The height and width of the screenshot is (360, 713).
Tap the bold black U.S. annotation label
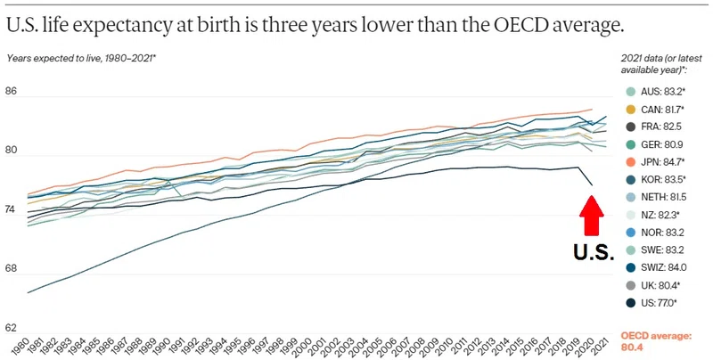coord(594,252)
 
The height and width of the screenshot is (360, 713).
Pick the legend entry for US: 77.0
coord(652,303)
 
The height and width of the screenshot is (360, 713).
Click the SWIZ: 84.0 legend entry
coord(656,267)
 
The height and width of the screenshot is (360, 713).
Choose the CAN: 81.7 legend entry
coord(656,110)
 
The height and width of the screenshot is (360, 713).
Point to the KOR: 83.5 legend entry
coord(656,179)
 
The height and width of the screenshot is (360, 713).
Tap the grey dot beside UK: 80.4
coord(631,285)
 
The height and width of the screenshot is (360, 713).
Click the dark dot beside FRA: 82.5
coord(631,127)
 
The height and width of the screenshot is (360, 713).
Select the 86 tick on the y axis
coord(11,92)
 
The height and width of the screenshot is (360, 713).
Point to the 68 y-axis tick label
coord(11,268)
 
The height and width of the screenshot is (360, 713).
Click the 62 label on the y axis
coord(11,328)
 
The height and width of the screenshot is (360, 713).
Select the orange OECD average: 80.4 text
coord(656,342)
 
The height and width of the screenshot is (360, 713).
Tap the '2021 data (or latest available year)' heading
coord(654,64)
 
